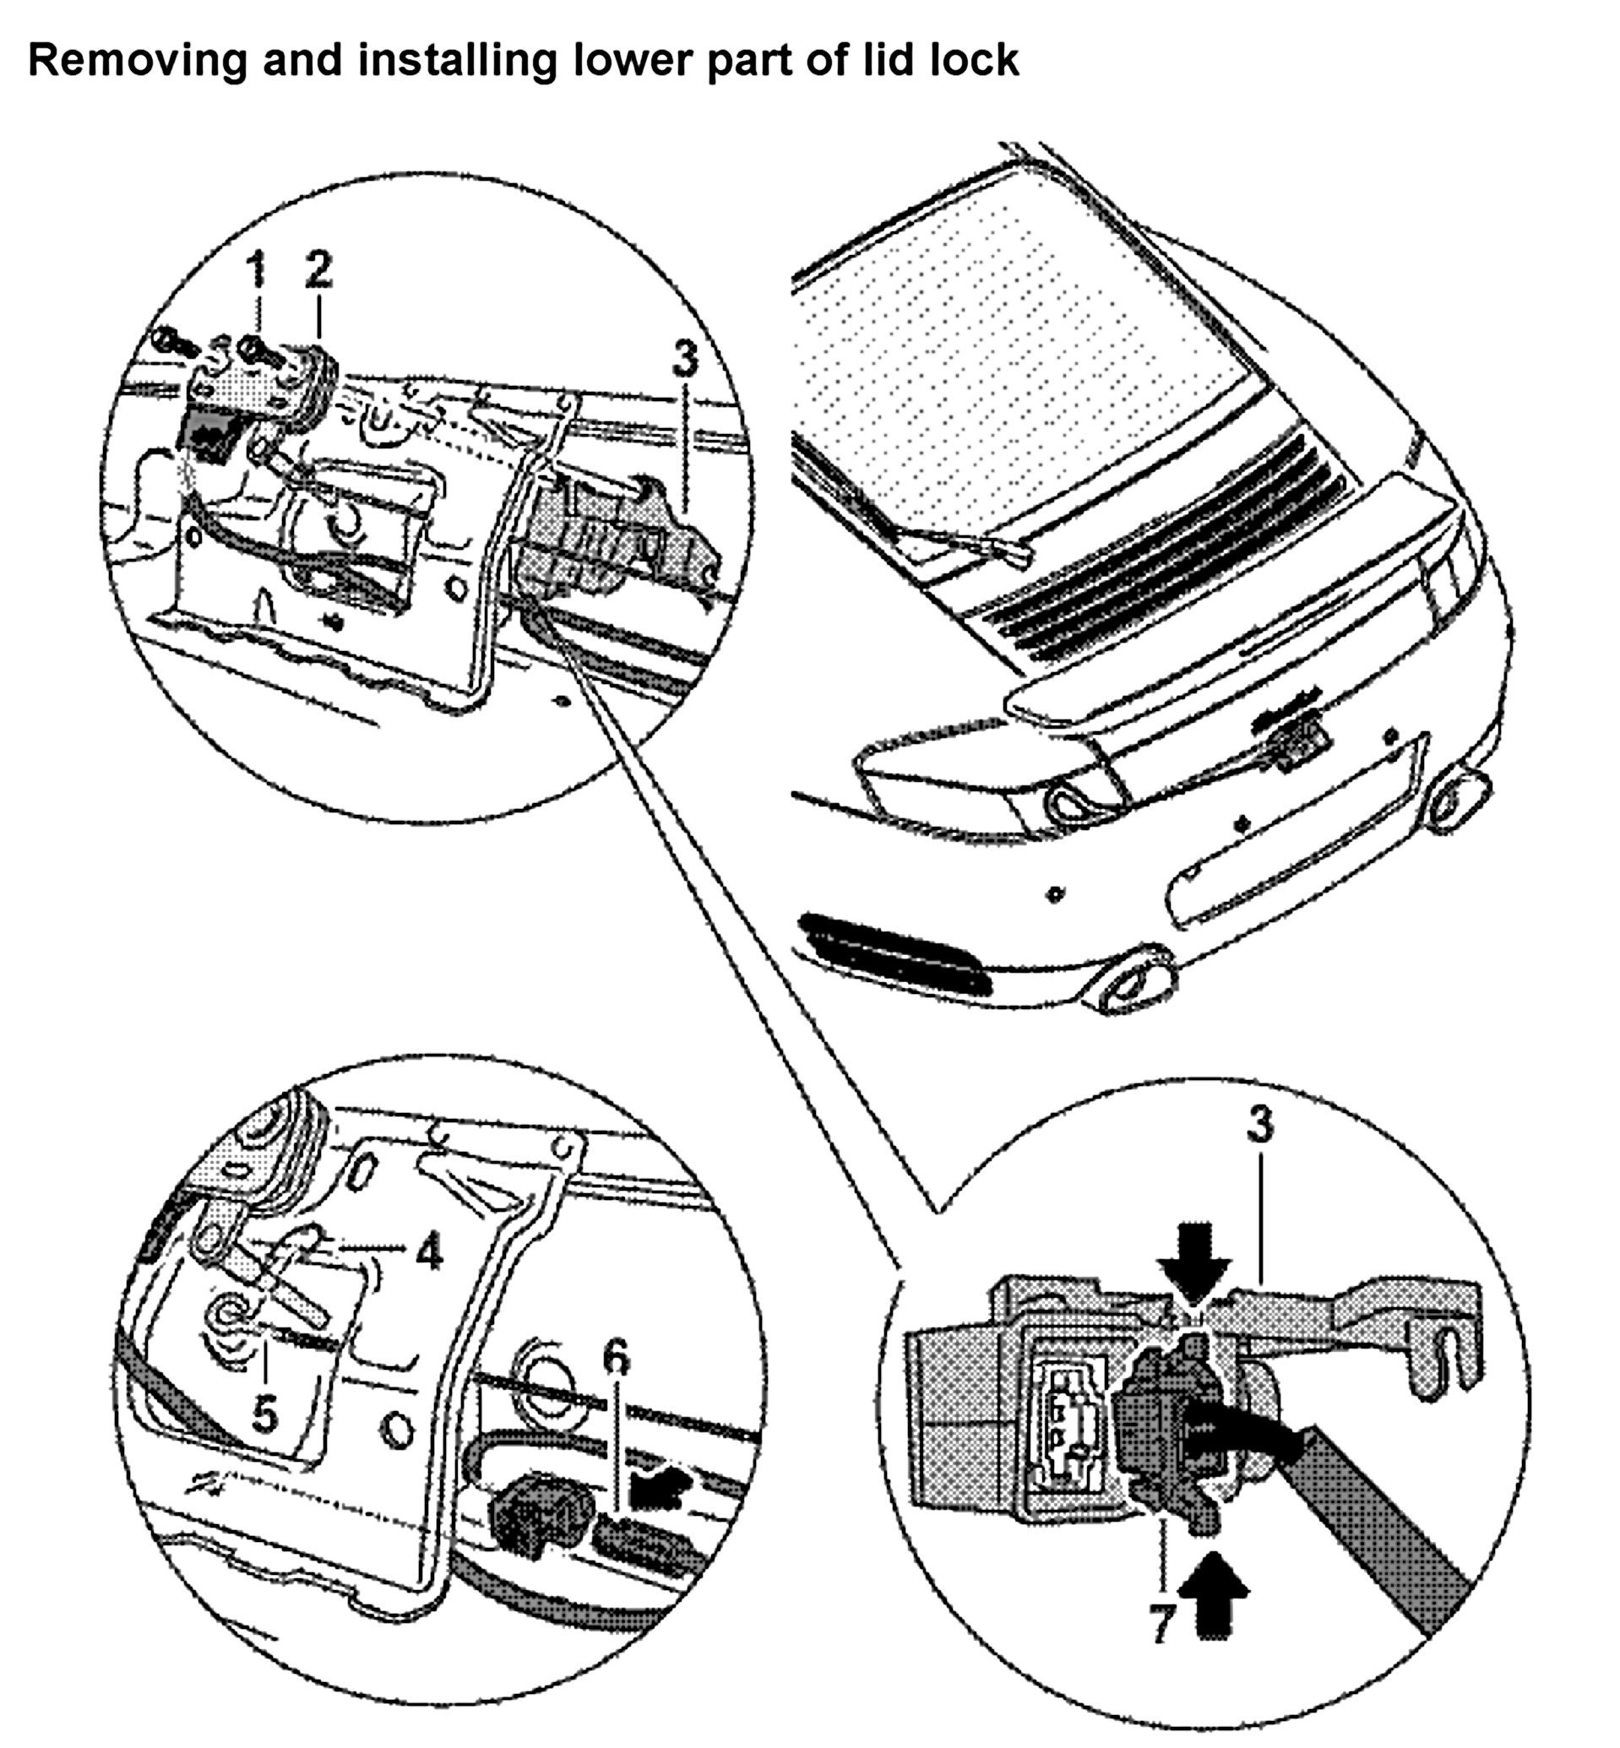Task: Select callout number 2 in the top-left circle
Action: pyautogui.click(x=319, y=269)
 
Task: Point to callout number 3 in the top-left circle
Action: pyautogui.click(x=686, y=359)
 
